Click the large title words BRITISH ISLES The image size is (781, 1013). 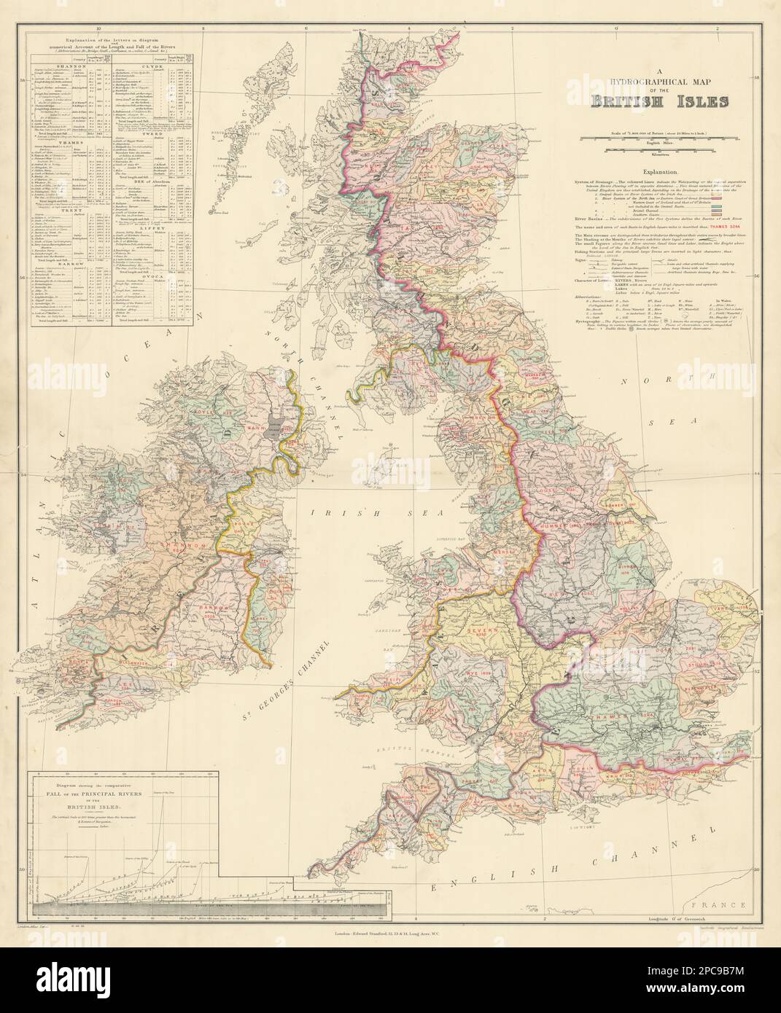pos(658,101)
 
